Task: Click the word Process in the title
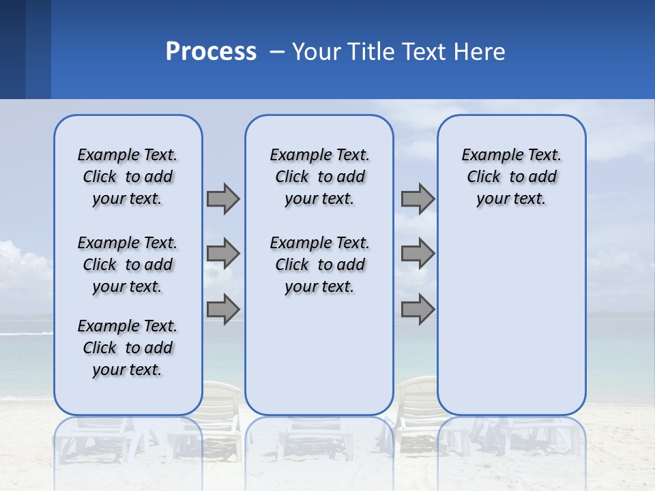(211, 52)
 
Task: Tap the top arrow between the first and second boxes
(223, 198)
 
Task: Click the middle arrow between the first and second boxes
(223, 254)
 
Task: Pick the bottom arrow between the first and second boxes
(223, 310)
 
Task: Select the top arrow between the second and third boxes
(418, 198)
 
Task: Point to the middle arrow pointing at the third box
(418, 254)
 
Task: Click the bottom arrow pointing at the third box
(418, 310)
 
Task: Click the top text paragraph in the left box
(128, 177)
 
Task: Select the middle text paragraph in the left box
(128, 265)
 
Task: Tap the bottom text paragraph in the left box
(128, 348)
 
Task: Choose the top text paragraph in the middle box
(319, 177)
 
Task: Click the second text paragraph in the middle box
(319, 265)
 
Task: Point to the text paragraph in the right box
(511, 177)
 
